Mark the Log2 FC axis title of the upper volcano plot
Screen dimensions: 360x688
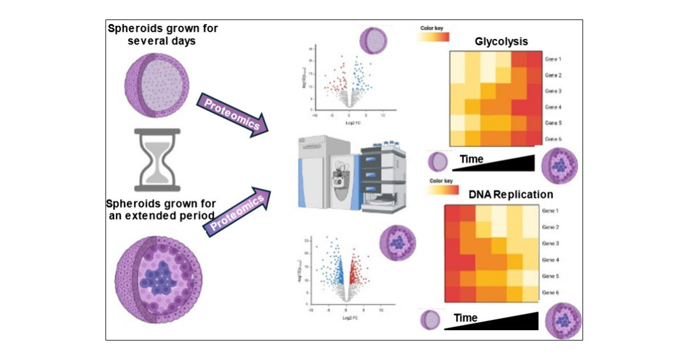(x=349, y=122)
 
